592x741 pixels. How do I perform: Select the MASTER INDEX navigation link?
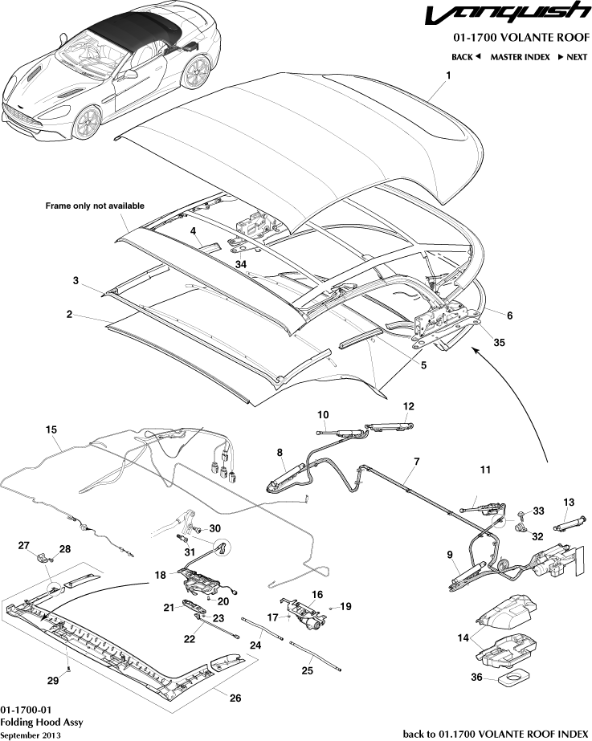tap(520, 57)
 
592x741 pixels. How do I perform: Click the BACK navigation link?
tap(465, 57)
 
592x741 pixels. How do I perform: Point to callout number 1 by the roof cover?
tap(447, 75)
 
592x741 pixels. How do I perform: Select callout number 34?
tap(240, 263)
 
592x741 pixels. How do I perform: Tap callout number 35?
tap(499, 342)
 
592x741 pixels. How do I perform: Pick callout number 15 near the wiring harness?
tap(51, 430)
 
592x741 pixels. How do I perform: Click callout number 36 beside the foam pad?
tap(477, 678)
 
